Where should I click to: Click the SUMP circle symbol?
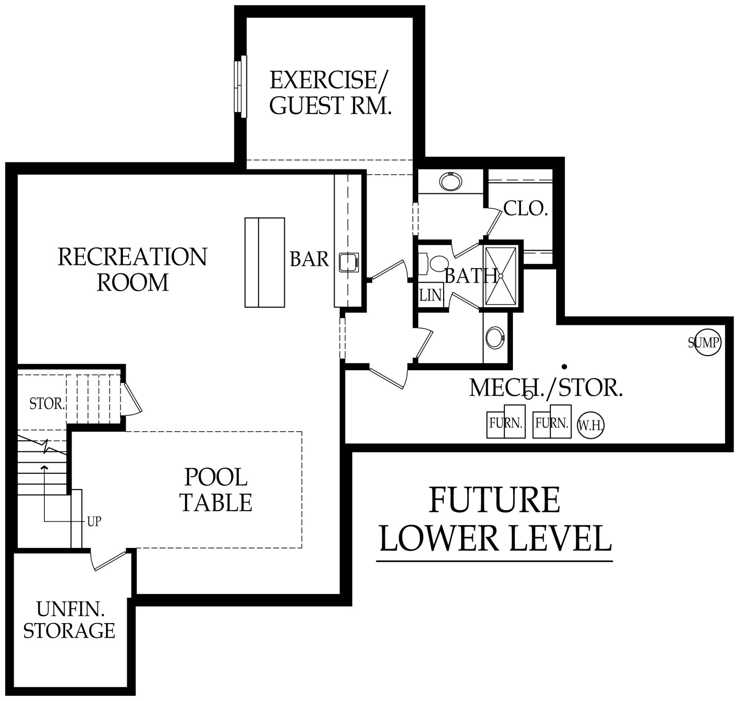coord(704,342)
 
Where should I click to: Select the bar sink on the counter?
coord(348,262)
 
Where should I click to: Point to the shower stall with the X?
coord(500,276)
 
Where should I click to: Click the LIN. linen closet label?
coord(430,295)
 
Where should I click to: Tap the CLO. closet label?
coord(525,209)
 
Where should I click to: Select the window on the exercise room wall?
coord(240,87)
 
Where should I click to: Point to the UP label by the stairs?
coord(94,522)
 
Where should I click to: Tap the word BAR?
coord(309,259)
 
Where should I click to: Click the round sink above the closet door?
coord(450,182)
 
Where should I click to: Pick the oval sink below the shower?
coord(495,338)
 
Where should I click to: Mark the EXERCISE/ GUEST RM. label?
coord(330,93)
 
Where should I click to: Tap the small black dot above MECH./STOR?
coord(564,366)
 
